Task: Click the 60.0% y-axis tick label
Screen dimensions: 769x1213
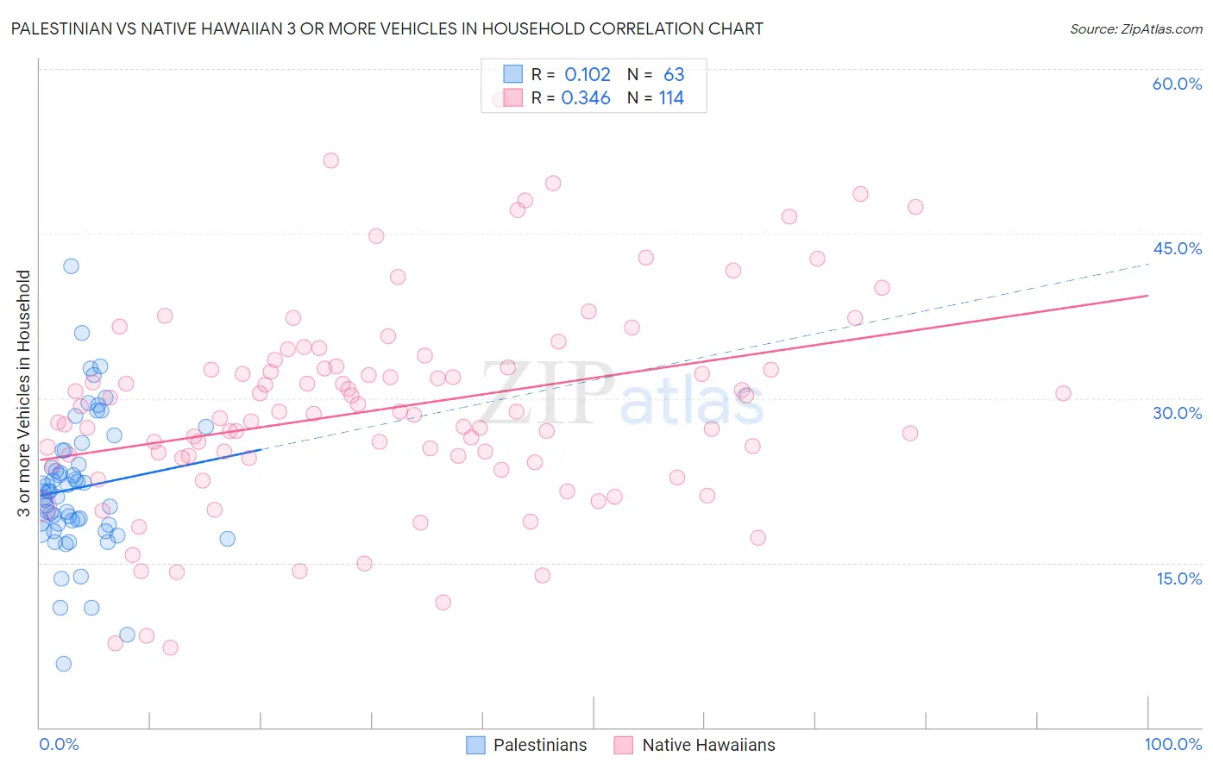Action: (x=1177, y=84)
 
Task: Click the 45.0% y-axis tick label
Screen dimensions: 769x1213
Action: (x=1177, y=248)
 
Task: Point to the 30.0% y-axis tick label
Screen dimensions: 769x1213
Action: (x=1177, y=413)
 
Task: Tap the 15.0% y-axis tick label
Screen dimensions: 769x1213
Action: (x=1178, y=578)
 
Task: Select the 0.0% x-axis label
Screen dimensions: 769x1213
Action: (x=59, y=744)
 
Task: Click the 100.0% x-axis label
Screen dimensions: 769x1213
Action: (x=1172, y=744)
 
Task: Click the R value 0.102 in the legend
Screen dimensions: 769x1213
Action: (x=587, y=75)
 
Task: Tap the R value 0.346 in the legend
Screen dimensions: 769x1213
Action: (x=586, y=98)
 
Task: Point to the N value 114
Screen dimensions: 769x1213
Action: (x=671, y=98)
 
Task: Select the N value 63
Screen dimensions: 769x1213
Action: (x=674, y=75)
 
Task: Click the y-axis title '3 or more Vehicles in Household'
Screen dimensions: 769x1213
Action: (x=24, y=393)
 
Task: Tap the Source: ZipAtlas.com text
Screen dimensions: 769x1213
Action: (x=1135, y=29)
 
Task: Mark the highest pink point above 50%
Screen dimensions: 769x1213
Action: (x=330, y=160)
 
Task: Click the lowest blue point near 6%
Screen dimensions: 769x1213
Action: (x=63, y=664)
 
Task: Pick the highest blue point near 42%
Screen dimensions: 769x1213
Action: (x=71, y=266)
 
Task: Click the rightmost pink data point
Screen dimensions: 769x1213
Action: (x=1063, y=393)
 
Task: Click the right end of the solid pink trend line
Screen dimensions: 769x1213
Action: (x=1147, y=296)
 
